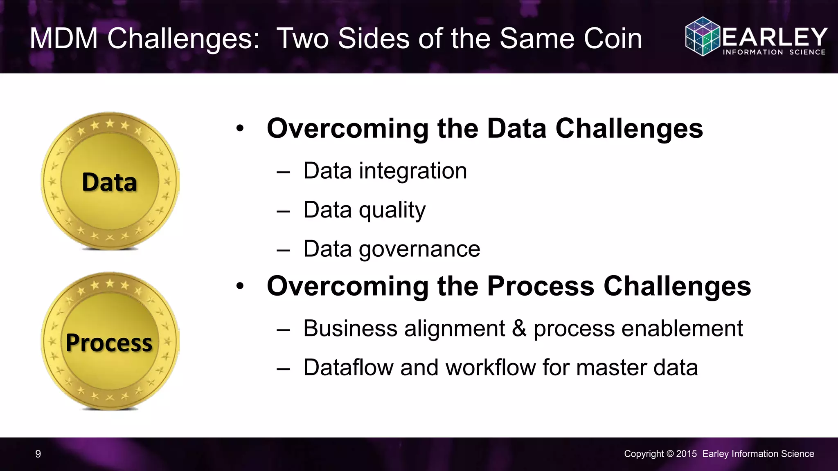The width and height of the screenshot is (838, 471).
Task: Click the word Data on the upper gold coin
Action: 109,182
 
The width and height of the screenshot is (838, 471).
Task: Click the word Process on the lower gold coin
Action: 109,343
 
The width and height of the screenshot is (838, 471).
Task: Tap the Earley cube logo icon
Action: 702,36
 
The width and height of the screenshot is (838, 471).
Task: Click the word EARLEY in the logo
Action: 775,37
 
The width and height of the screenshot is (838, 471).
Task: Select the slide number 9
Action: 38,454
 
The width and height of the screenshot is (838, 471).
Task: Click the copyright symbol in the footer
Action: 670,454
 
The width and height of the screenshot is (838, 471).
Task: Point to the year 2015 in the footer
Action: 686,454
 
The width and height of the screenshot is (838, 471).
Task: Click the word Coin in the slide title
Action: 613,39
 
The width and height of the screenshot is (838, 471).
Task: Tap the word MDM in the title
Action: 64,39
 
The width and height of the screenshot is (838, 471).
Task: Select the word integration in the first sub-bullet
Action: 413,171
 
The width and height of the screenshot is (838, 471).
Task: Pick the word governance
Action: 419,249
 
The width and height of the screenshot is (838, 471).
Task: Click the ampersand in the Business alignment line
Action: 519,328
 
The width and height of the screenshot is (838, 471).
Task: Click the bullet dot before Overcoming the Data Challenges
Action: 240,129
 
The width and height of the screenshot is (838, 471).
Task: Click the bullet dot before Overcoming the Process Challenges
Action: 240,287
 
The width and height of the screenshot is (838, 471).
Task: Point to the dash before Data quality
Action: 283,211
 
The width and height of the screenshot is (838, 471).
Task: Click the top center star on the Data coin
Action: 110,123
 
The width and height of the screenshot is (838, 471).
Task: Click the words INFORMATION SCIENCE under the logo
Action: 774,52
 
